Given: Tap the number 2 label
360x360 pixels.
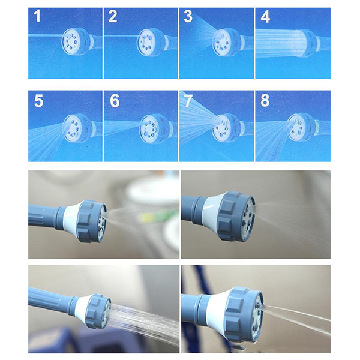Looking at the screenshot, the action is (x=113, y=16).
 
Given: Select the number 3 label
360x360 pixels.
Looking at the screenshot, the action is (x=188, y=16).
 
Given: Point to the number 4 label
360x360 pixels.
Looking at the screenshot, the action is (x=265, y=17).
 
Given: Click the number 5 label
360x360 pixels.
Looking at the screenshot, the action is (x=38, y=101).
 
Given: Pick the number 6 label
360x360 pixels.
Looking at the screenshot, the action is (x=115, y=101).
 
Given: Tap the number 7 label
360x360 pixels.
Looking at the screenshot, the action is (x=188, y=101).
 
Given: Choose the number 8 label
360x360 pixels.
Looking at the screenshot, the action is (x=265, y=101).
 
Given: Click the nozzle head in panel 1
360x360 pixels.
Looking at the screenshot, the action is (x=76, y=42).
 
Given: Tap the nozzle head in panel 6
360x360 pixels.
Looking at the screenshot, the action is (x=154, y=128).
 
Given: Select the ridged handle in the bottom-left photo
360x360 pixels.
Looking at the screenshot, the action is (x=49, y=298).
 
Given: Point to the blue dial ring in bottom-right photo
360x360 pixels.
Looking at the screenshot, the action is (x=244, y=314).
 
